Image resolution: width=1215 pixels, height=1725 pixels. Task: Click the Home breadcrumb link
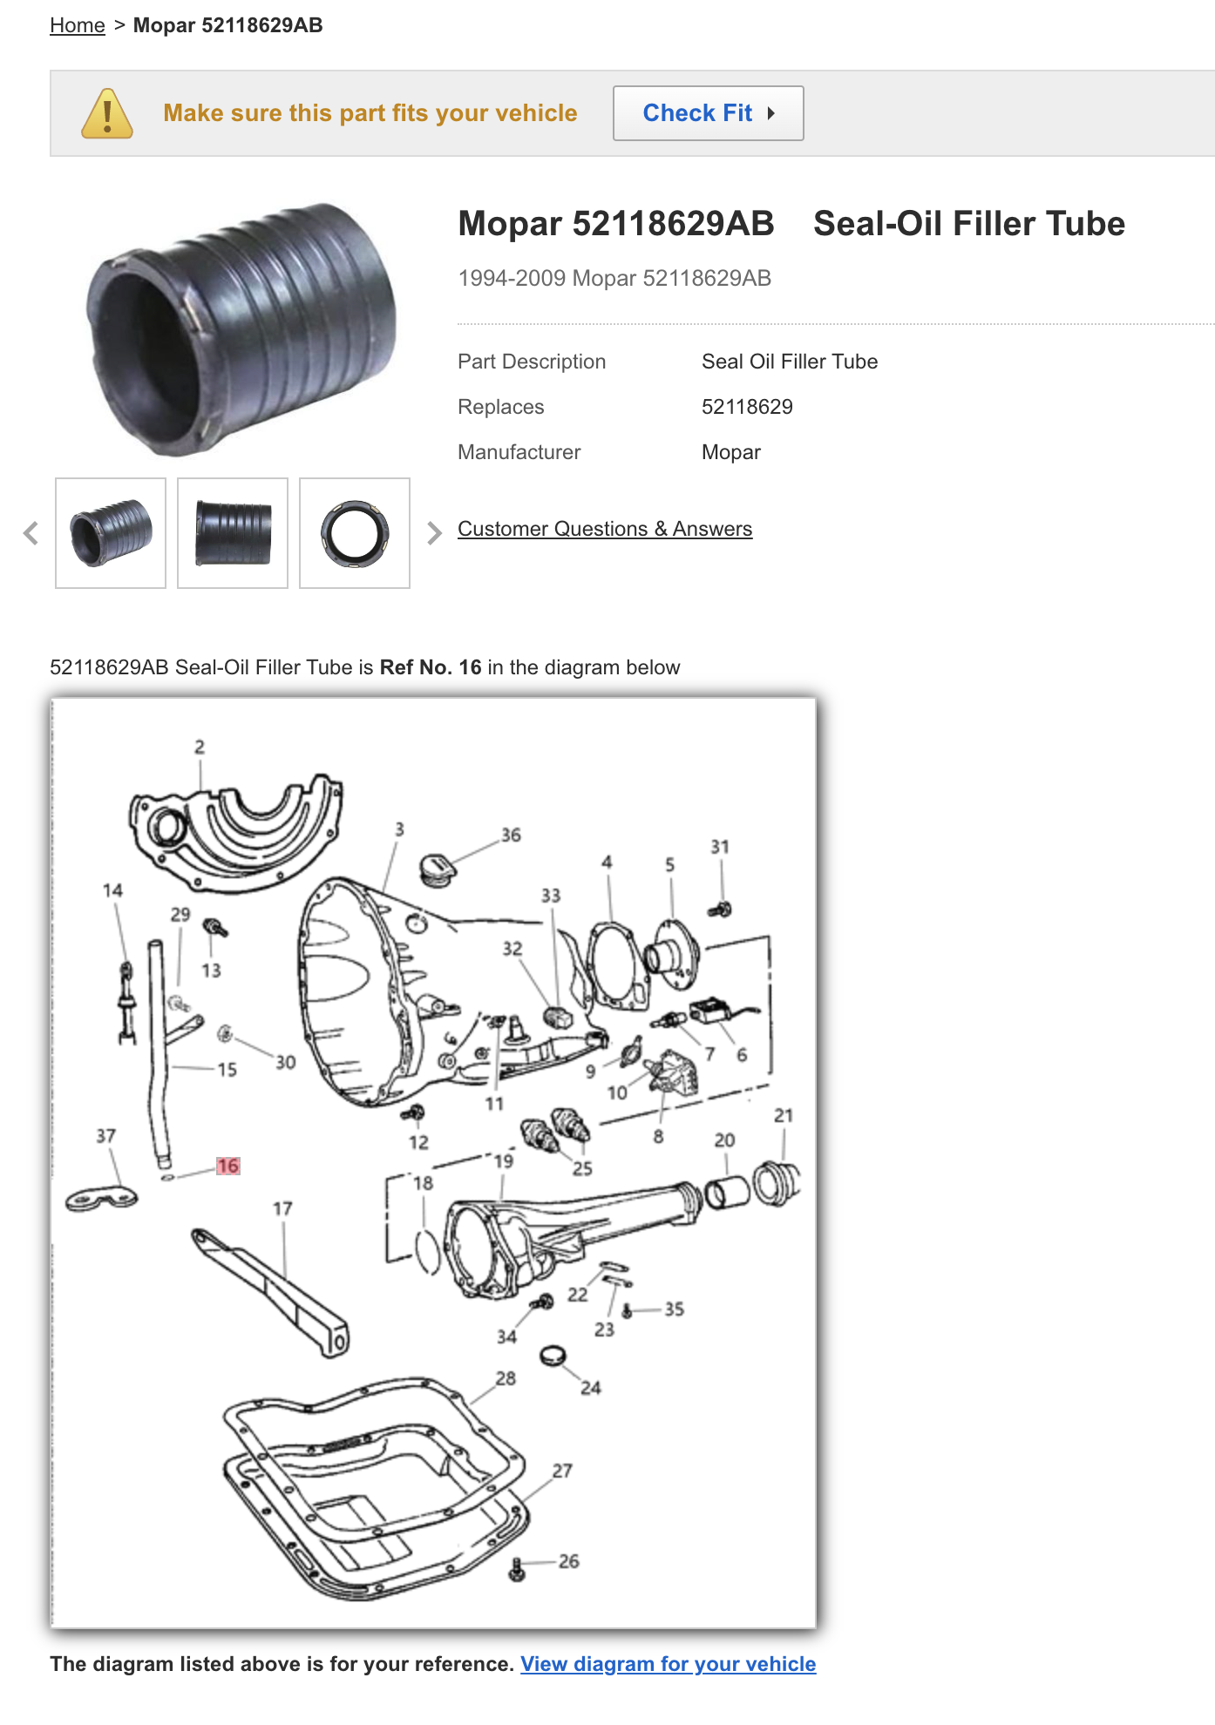click(77, 25)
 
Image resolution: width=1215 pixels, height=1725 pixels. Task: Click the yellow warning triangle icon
click(107, 113)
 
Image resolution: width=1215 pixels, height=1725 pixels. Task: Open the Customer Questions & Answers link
click(605, 529)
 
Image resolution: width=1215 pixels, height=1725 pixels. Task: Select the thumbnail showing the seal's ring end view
click(355, 533)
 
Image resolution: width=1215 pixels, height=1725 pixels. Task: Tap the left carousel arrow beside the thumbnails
click(31, 533)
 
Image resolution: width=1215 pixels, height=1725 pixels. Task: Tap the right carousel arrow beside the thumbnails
click(434, 533)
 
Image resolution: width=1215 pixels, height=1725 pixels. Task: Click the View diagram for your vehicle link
click(669, 1664)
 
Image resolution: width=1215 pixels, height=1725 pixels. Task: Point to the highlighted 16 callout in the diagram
click(228, 1166)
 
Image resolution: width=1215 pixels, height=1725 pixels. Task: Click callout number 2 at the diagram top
click(200, 747)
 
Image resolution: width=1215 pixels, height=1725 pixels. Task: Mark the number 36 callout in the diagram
click(511, 835)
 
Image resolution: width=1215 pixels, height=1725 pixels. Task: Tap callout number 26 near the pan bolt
click(569, 1561)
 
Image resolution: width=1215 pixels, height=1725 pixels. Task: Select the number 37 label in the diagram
click(105, 1135)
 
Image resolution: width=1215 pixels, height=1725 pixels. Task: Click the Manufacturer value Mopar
click(731, 452)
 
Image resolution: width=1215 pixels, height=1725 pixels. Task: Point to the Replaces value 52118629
click(747, 407)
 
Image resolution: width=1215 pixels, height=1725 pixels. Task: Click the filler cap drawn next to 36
click(437, 869)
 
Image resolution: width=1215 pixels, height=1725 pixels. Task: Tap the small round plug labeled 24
click(553, 1356)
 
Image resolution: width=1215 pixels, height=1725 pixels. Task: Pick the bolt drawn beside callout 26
click(517, 1570)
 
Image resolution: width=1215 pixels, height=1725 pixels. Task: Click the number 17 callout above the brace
click(282, 1208)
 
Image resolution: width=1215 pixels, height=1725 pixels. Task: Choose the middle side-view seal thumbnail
click(233, 533)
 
